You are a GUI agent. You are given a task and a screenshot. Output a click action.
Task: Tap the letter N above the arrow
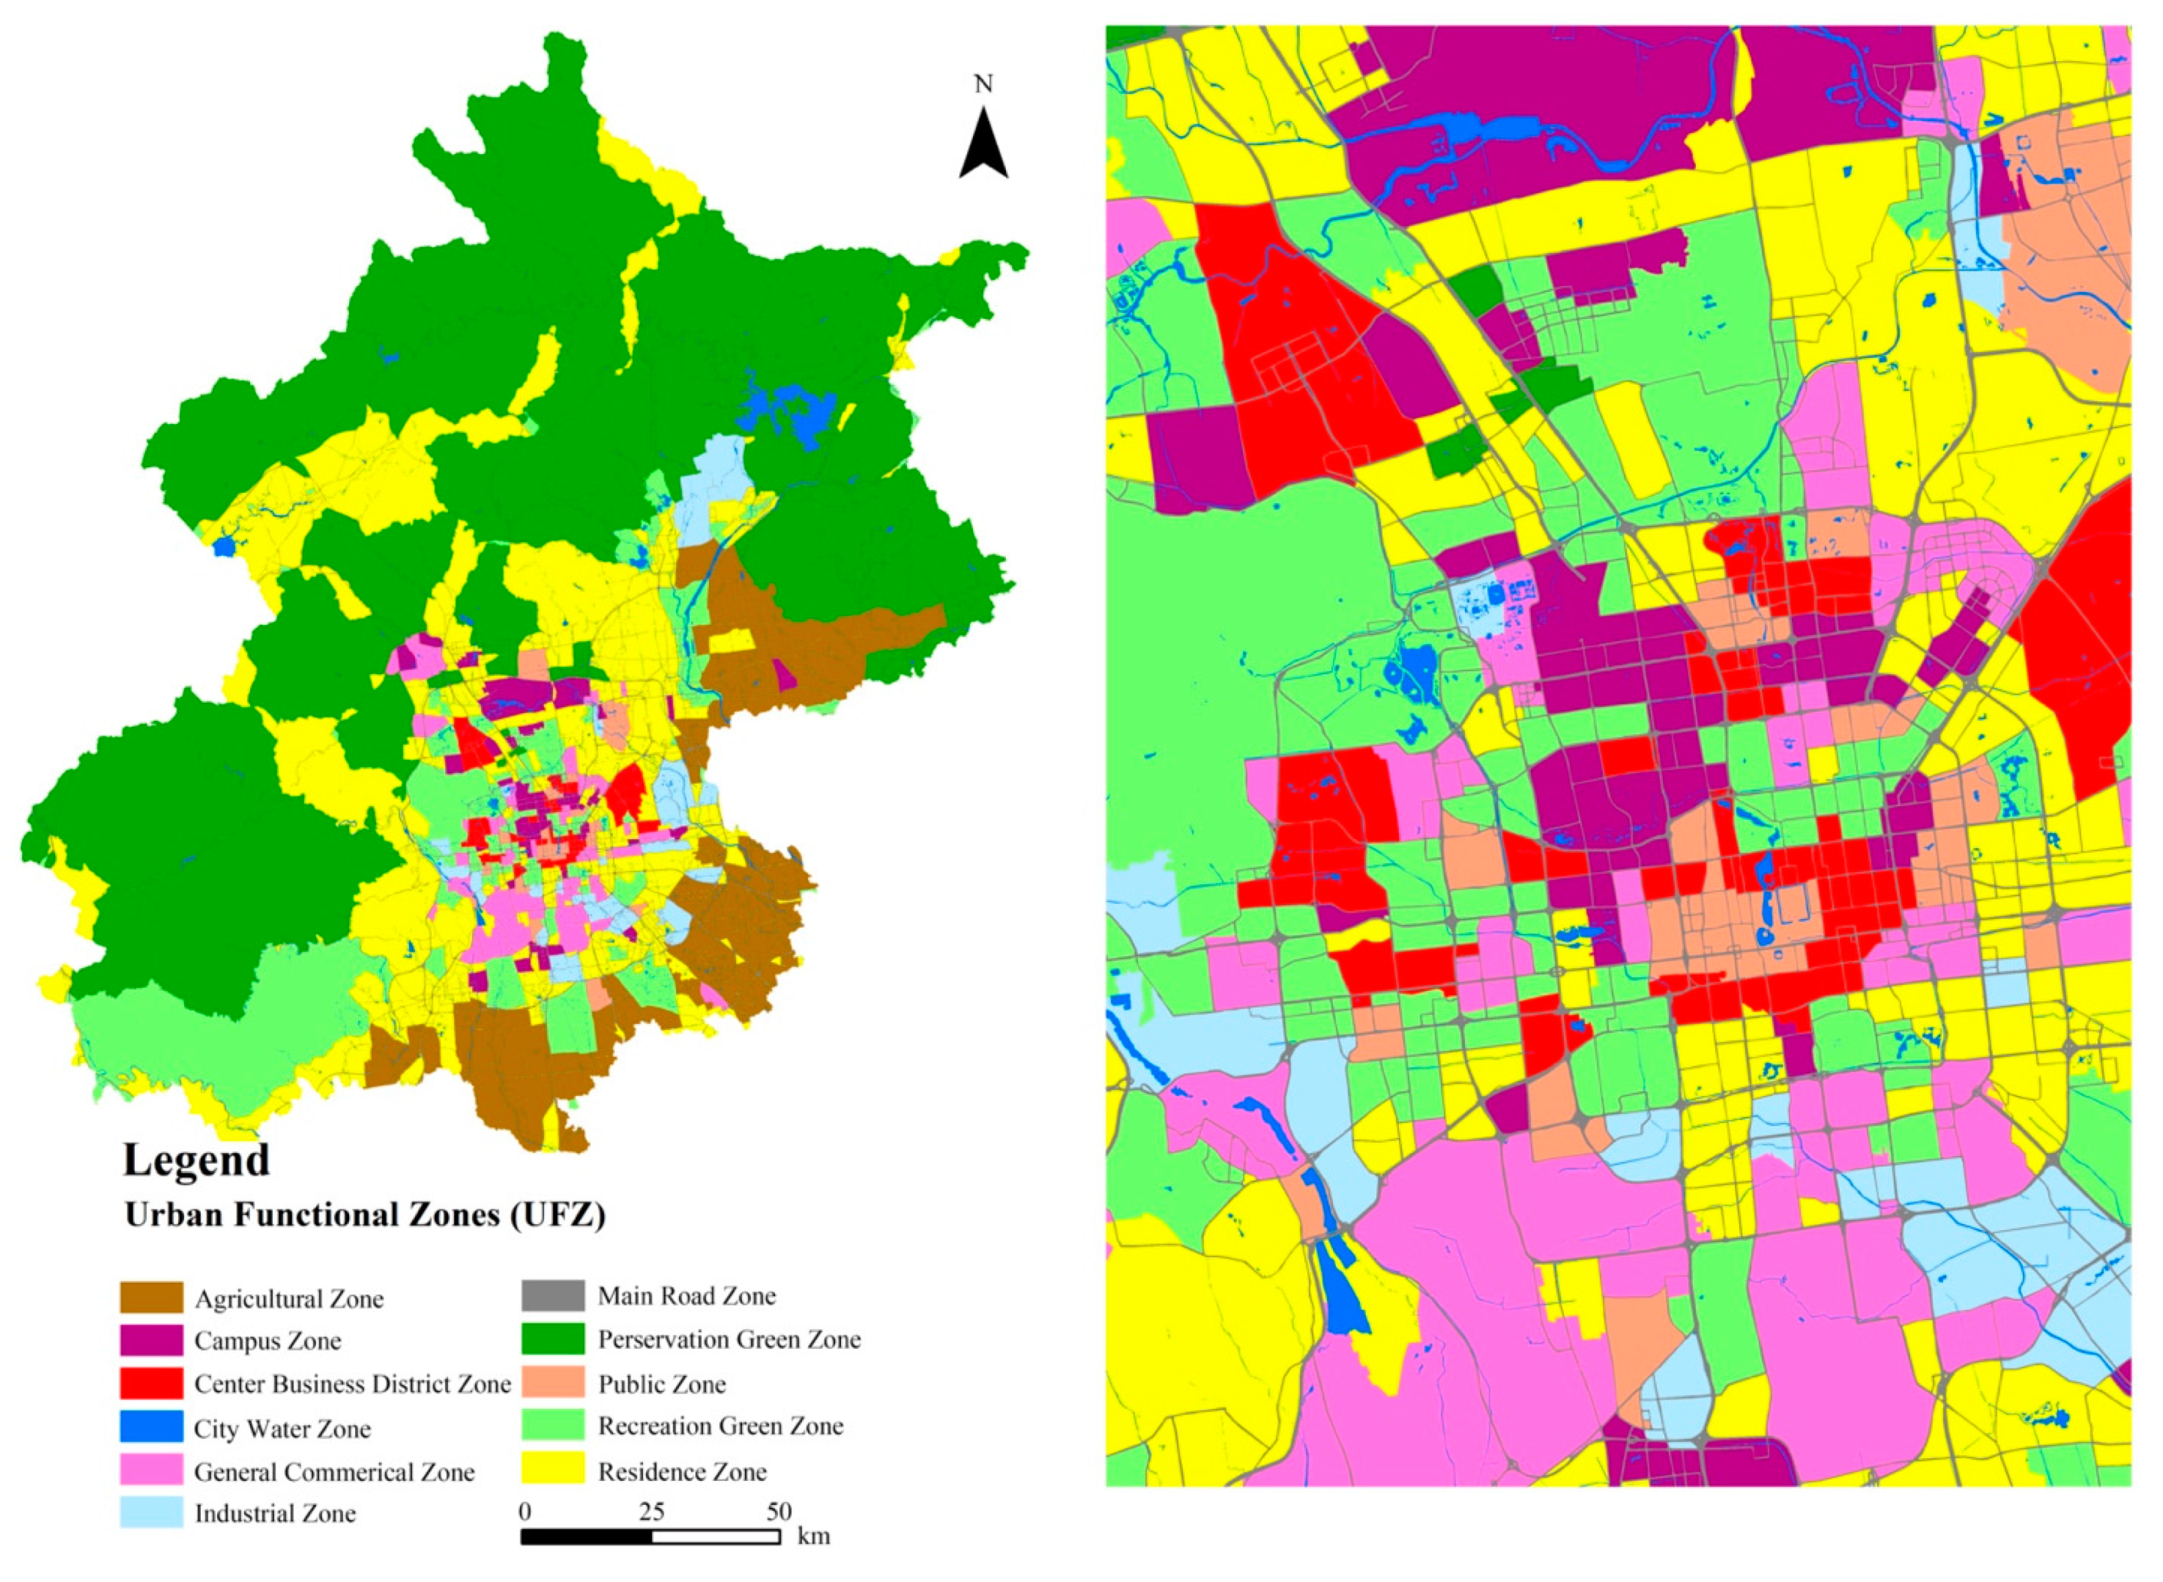pyautogui.click(x=983, y=85)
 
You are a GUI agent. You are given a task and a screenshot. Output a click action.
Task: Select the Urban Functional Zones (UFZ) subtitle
pyautogui.click(x=365, y=1215)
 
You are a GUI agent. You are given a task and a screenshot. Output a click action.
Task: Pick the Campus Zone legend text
pyautogui.click(x=267, y=1341)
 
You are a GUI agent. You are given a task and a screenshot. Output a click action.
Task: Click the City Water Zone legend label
pyautogui.click(x=282, y=1429)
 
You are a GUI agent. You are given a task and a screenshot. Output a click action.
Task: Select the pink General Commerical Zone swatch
pyautogui.click(x=151, y=1471)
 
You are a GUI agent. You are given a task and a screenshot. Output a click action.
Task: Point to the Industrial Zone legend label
pyautogui.click(x=275, y=1514)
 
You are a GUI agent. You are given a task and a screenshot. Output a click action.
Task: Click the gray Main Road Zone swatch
pyautogui.click(x=552, y=1295)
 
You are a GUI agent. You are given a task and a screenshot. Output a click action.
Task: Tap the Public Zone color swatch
pyautogui.click(x=552, y=1383)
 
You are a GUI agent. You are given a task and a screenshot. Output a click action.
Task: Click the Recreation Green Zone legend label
pyautogui.click(x=720, y=1426)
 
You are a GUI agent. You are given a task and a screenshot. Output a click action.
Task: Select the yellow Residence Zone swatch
pyautogui.click(x=552, y=1470)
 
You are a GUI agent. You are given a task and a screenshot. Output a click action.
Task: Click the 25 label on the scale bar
pyautogui.click(x=651, y=1512)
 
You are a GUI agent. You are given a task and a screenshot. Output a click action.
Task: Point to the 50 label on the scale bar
pyautogui.click(x=778, y=1512)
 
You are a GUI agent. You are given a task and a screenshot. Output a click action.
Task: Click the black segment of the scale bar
pyautogui.click(x=586, y=1536)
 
